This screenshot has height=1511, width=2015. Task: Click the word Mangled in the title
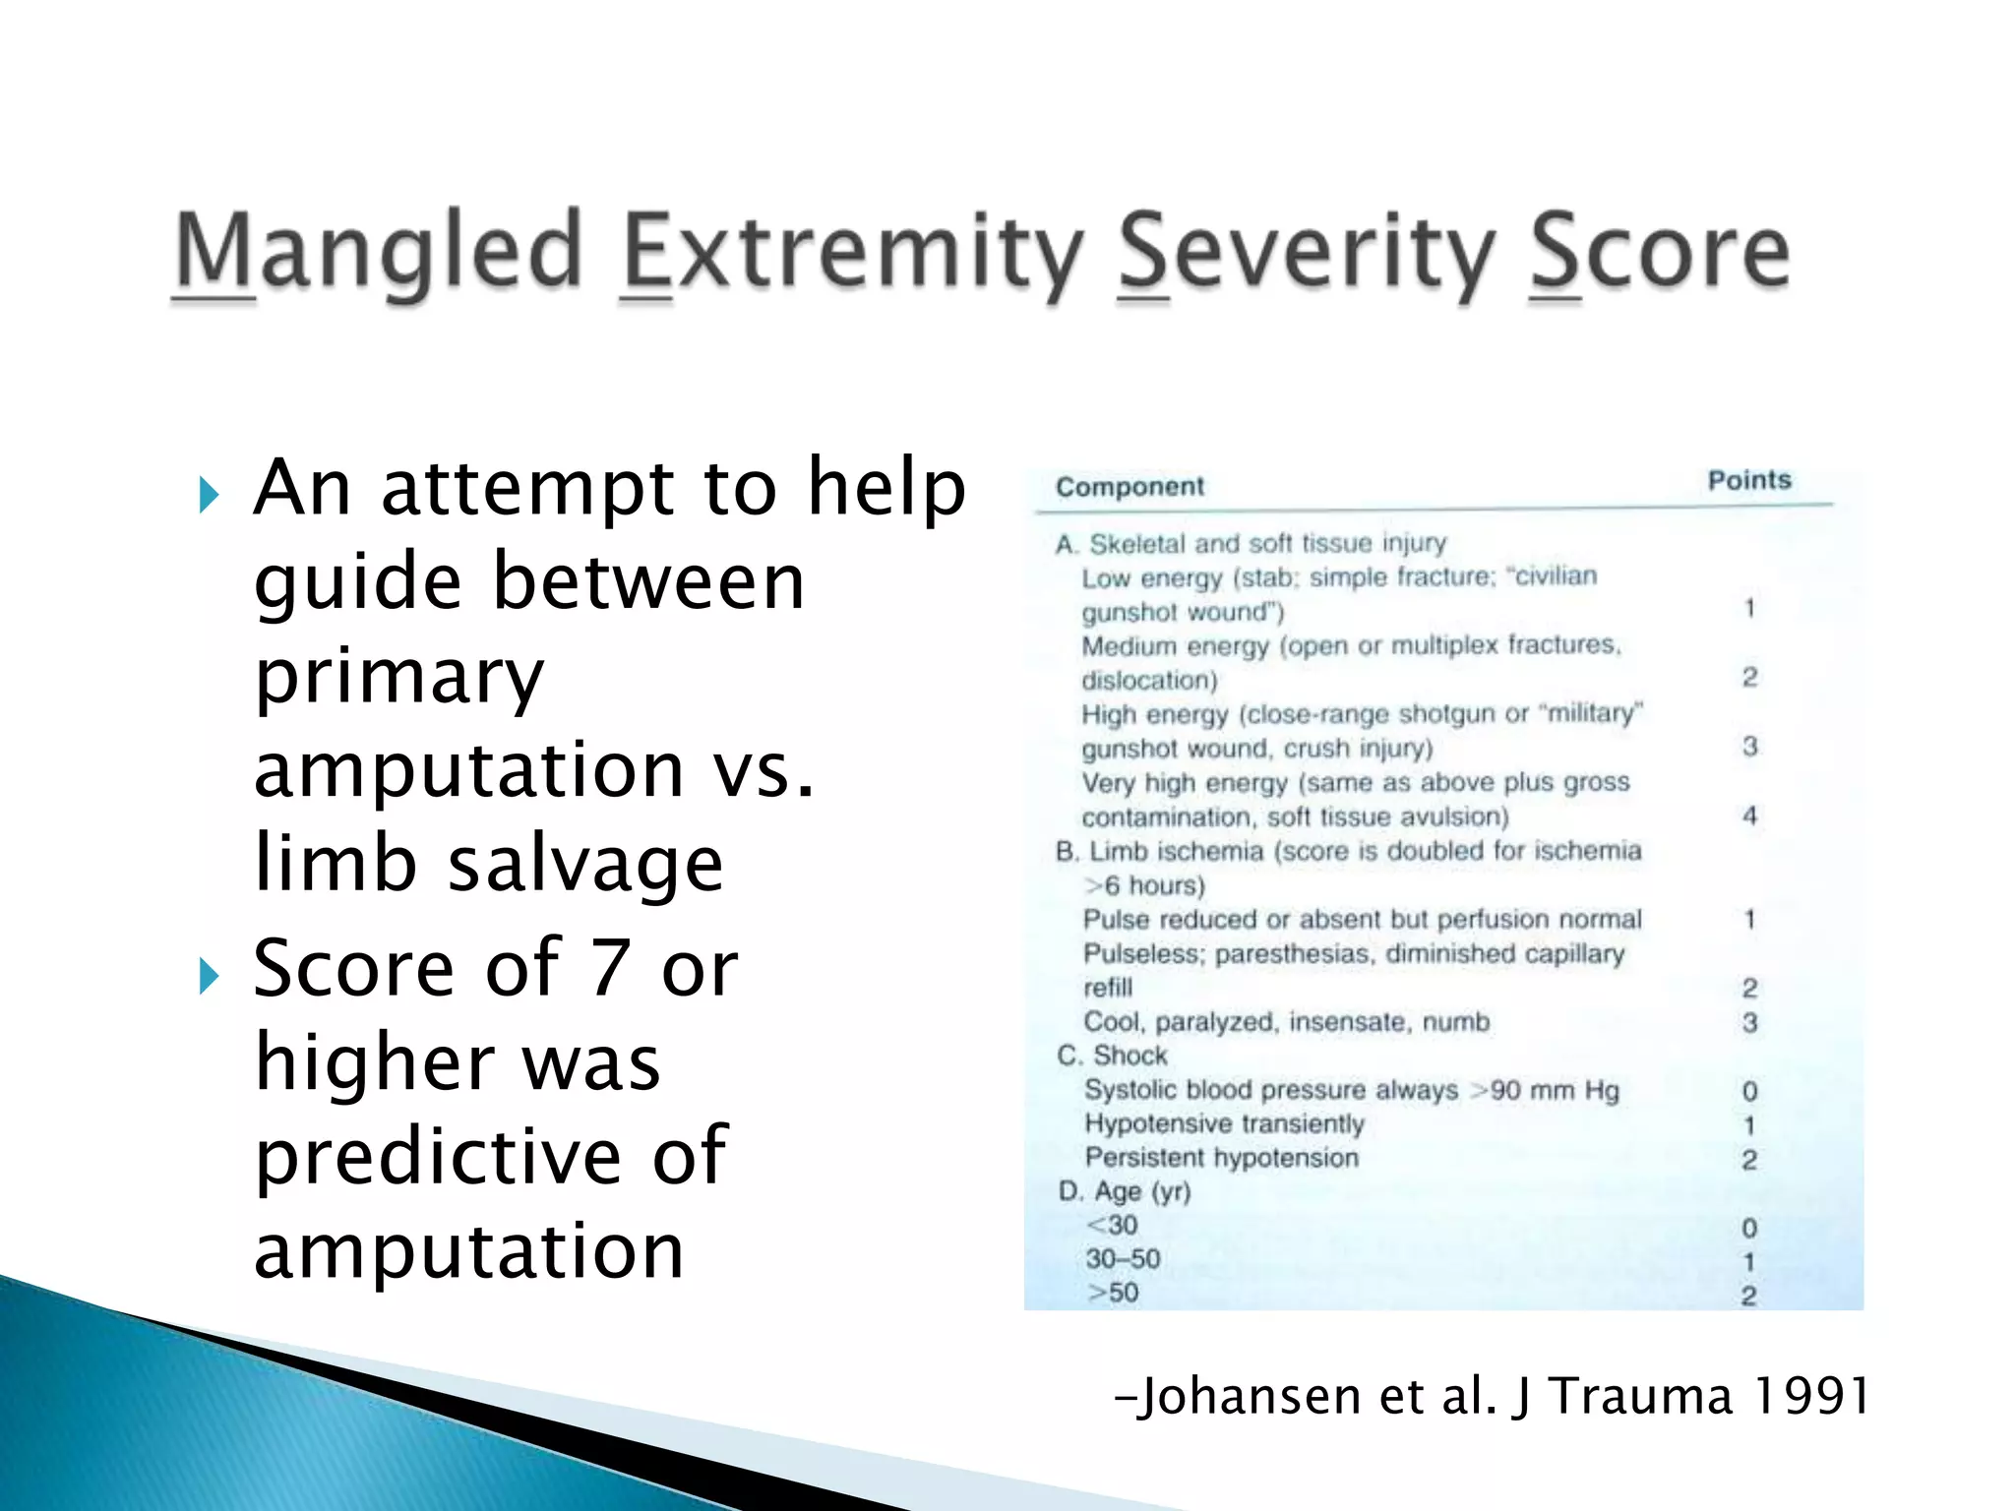[x=379, y=253]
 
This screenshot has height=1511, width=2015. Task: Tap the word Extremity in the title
[x=853, y=253]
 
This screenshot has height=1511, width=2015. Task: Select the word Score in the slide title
[x=1659, y=253]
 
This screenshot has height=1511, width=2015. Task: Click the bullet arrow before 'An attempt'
[x=209, y=494]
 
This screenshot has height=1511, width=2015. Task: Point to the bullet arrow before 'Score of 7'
[x=209, y=976]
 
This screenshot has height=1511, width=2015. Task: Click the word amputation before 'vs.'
[x=468, y=769]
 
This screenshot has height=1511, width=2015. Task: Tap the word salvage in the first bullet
[x=585, y=864]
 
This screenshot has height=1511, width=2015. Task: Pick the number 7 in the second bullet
[x=609, y=968]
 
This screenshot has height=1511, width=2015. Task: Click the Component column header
[x=1130, y=487]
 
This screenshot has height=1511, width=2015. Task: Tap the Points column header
[x=1749, y=480]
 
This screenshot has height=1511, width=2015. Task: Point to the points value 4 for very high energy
[x=1749, y=816]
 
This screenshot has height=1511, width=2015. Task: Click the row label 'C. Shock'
[x=1112, y=1056]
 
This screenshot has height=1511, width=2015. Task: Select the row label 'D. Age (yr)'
[x=1125, y=1192]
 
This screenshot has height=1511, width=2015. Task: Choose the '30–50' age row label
[x=1123, y=1259]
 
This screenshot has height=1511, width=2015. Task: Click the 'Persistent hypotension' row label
[x=1221, y=1158]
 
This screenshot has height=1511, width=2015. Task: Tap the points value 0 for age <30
[x=1749, y=1228]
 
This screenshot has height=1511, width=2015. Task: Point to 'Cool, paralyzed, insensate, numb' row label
[x=1286, y=1022]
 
